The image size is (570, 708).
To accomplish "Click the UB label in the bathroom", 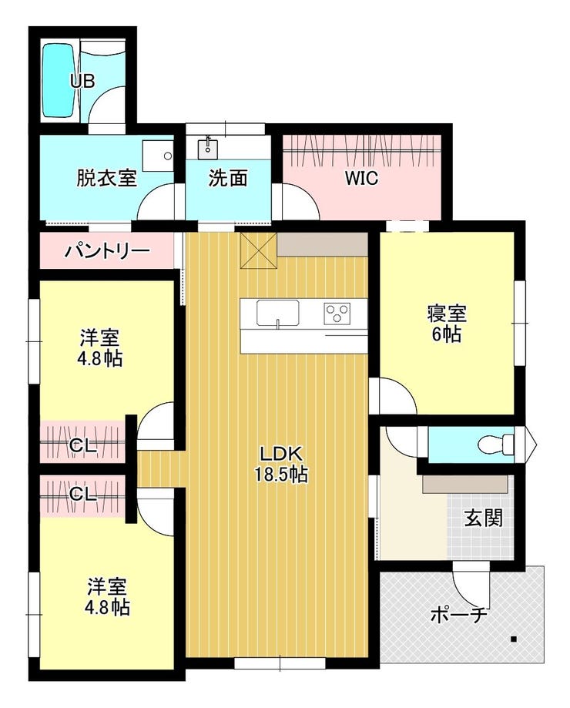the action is coord(82,81).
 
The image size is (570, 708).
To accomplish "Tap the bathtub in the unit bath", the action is coord(58,80).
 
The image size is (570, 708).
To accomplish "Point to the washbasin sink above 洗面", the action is coord(208,149).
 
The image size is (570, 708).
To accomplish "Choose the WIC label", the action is coord(361,179).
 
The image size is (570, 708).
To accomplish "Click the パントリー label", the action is coord(106,250).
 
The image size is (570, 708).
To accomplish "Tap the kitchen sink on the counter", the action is coord(278,313).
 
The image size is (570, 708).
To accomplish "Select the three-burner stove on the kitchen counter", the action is coord(337,313).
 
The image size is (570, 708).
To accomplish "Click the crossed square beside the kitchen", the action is coord(259,250).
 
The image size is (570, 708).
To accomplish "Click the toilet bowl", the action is coord(495,444).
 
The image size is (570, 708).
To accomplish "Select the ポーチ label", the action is coord(458,616).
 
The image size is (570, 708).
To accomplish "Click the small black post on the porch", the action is coord(513,639).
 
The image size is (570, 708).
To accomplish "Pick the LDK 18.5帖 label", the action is coord(280,463).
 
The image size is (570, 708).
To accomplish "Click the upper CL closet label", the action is coord(83,447).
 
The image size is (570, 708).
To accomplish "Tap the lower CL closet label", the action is coord(83,495).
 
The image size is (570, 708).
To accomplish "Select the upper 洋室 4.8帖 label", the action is coord(99,348).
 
